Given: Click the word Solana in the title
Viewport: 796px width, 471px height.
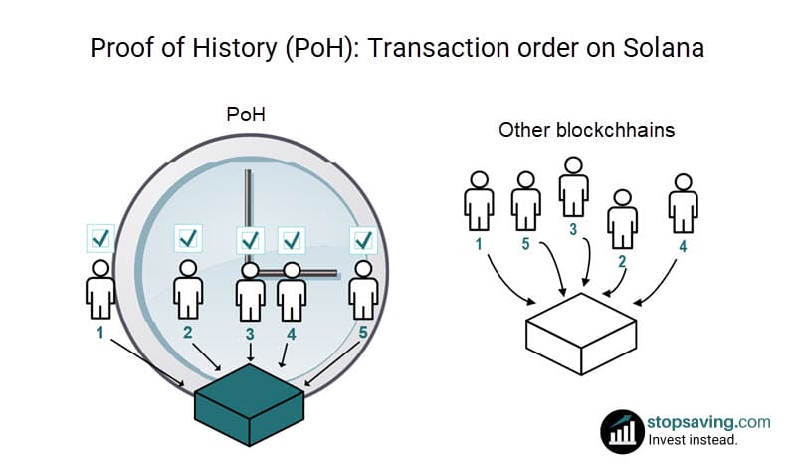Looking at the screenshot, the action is [663, 48].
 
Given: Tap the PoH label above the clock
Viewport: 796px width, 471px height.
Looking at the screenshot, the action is [246, 115].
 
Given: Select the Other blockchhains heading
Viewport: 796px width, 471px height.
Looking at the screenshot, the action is [586, 130].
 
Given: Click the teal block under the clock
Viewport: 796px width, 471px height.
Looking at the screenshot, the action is [250, 405].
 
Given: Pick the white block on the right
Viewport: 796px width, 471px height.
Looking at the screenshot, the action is [581, 334].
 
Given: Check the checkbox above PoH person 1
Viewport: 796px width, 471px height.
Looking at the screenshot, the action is [100, 238].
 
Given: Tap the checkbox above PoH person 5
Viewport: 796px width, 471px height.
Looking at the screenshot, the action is [363, 240].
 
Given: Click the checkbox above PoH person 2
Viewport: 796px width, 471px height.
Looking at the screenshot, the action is [188, 238].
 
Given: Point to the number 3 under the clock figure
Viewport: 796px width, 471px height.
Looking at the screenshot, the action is [250, 334].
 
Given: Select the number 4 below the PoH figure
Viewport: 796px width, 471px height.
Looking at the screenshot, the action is [291, 334].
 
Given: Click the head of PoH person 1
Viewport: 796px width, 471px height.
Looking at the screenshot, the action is [100, 268].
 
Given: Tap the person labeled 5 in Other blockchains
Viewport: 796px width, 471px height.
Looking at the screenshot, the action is [526, 201].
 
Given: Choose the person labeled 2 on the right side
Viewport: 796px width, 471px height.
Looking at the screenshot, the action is [623, 219].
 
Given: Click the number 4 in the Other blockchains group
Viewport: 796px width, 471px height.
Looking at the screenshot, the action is [683, 246].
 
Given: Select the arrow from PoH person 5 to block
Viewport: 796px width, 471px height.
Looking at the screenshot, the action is [332, 363].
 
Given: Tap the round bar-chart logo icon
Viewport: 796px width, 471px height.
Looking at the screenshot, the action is [623, 432].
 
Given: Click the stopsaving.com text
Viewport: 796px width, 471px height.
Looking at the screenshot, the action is [708, 422].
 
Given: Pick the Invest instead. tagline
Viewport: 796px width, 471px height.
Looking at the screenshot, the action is [693, 439].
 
